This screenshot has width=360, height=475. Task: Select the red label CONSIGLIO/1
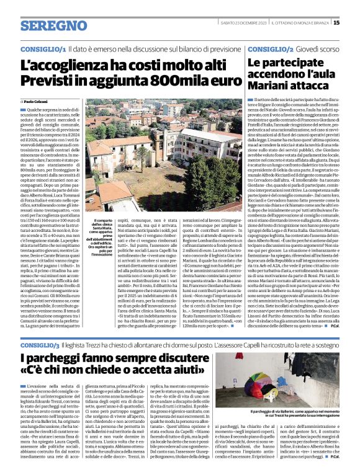tap(43, 48)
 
